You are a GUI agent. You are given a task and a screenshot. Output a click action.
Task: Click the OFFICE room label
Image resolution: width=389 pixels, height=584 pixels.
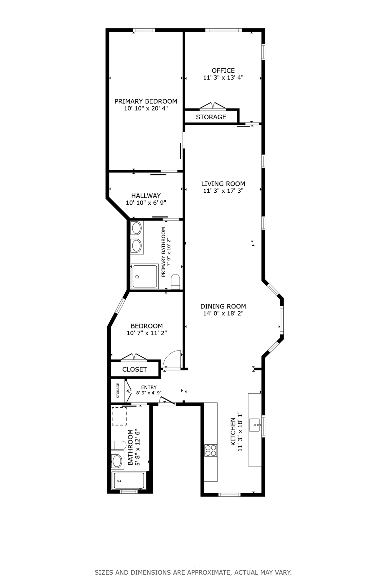pyautogui.click(x=223, y=70)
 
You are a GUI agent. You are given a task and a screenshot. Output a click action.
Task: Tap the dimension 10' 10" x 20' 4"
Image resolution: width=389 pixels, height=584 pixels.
pyautogui.click(x=146, y=108)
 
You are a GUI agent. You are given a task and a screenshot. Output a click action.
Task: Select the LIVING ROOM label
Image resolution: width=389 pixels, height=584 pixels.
pyautogui.click(x=223, y=184)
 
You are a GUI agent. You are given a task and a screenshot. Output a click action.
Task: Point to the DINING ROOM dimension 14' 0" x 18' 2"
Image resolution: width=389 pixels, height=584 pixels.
pyautogui.click(x=223, y=313)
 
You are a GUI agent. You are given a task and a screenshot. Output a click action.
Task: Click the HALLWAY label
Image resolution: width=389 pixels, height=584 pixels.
pyautogui.click(x=146, y=196)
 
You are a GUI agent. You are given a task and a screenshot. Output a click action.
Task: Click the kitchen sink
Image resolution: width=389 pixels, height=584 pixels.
pyautogui.click(x=255, y=425)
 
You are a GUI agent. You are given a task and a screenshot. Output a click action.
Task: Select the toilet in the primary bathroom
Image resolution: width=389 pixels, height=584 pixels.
pyautogui.click(x=175, y=282)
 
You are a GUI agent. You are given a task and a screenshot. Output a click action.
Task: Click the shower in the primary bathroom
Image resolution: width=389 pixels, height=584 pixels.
pyautogui.click(x=145, y=276)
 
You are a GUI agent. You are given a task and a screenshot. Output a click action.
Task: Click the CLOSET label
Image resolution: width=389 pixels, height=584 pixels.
pyautogui.click(x=134, y=370)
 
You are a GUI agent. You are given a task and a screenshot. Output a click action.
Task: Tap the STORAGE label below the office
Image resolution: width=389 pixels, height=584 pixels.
pyautogui.click(x=211, y=117)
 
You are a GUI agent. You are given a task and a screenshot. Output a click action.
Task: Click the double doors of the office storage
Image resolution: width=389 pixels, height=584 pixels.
pyautogui.click(x=213, y=106)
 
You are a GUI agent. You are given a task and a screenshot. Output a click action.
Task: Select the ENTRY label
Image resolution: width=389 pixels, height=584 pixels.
pyautogui.click(x=149, y=387)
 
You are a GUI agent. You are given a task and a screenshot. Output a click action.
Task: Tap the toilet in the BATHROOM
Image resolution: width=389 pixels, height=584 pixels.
pyautogui.click(x=119, y=445)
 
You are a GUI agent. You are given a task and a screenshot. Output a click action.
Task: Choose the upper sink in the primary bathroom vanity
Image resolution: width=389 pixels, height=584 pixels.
pyautogui.click(x=137, y=228)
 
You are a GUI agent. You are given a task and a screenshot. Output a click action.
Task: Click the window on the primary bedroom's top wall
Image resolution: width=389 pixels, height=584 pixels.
pyautogui.click(x=144, y=30)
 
